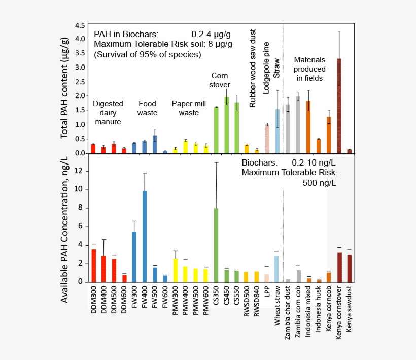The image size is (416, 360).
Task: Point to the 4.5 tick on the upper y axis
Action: click(x=80, y=25)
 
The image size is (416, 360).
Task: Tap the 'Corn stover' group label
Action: click(x=220, y=80)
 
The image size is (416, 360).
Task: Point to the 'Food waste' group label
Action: click(x=148, y=108)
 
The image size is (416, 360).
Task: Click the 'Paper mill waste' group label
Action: click(x=189, y=108)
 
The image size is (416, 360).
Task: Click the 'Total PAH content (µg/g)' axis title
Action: click(x=64, y=87)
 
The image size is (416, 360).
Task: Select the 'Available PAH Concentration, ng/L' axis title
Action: click(x=65, y=228)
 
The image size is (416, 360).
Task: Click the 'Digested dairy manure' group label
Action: click(x=108, y=113)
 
